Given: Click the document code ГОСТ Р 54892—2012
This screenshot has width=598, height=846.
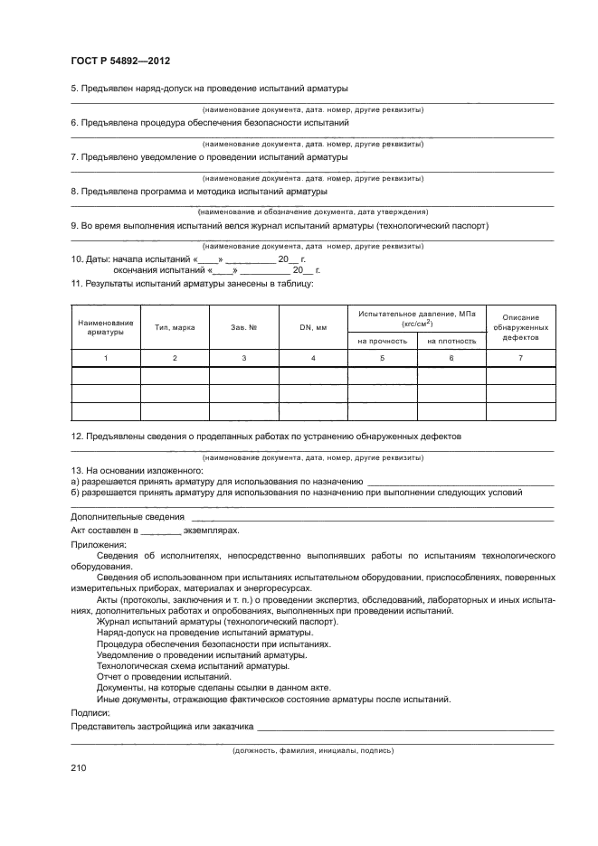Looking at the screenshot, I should pyautogui.click(x=120, y=61).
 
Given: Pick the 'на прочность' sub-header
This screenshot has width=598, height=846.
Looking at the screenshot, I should pyautogui.click(x=382, y=341).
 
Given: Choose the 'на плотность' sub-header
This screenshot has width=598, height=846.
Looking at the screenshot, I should pyautogui.click(x=451, y=341).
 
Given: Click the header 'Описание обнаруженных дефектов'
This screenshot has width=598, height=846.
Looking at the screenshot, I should pyautogui.click(x=520, y=327).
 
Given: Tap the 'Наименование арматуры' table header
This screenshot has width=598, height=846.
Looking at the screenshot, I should pyautogui.click(x=106, y=327).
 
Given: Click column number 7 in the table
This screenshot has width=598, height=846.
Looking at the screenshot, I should pyautogui.click(x=520, y=359).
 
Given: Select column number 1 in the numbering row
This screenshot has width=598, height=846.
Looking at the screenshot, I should pyautogui.click(x=106, y=359).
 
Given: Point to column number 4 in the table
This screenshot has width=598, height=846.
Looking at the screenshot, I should pyautogui.click(x=313, y=359).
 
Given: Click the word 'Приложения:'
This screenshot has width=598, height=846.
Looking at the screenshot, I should pyautogui.click(x=98, y=545).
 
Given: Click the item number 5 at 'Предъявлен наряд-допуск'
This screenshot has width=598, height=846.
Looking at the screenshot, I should pyautogui.click(x=73, y=88).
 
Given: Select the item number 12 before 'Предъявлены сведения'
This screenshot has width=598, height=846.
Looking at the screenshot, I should pyautogui.click(x=76, y=436).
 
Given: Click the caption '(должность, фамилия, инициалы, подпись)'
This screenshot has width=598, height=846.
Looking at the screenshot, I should pyautogui.click(x=313, y=750).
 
